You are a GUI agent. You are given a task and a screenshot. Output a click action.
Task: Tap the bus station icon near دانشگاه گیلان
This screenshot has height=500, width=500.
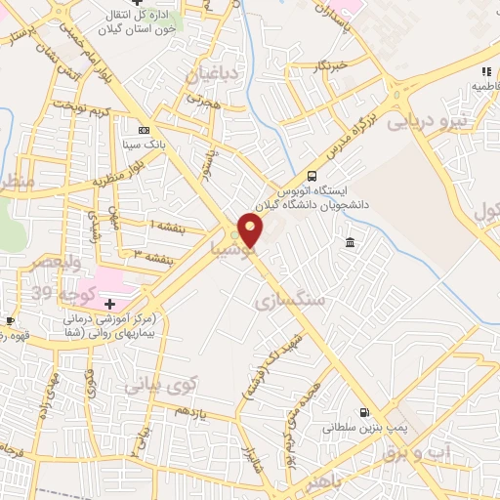(x=312, y=177)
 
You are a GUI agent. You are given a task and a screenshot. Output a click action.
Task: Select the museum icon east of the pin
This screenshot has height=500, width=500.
(x=350, y=242)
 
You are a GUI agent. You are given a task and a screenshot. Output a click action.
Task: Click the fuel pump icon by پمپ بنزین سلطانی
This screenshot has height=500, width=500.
(x=364, y=413)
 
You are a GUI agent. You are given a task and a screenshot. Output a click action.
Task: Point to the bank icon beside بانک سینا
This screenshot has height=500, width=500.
(x=145, y=130)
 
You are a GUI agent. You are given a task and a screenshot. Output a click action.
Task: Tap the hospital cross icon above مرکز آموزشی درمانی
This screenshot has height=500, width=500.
(x=109, y=304)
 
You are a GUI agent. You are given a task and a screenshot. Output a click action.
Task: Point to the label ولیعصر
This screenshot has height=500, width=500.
(x=41, y=263)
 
